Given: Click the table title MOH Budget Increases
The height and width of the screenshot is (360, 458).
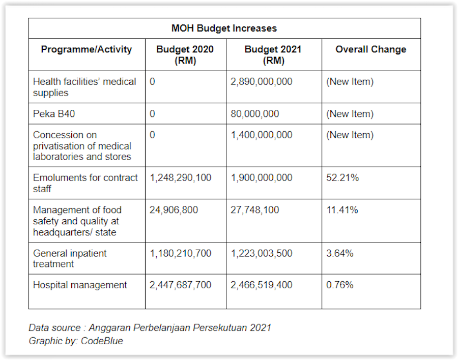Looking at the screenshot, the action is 224,28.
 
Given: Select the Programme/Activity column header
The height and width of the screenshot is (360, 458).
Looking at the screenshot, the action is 87,49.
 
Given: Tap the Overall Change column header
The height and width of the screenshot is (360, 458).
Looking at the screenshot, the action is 370,49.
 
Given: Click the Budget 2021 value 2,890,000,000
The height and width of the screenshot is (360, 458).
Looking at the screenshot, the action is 262,82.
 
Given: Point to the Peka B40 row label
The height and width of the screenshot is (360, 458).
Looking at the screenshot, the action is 54,113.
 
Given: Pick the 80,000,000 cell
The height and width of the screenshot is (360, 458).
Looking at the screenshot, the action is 255,114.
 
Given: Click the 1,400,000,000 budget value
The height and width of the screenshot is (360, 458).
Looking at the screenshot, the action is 262,135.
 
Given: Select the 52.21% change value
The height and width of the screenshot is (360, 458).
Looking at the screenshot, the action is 342,177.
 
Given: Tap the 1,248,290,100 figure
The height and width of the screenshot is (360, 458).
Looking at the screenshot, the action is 181,177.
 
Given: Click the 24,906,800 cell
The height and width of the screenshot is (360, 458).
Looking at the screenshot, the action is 174,210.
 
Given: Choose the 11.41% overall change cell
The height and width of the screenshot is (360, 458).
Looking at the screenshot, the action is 342,210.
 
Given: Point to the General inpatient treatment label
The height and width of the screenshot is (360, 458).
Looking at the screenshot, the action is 70,258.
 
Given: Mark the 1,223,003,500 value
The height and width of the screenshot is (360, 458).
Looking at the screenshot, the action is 262,253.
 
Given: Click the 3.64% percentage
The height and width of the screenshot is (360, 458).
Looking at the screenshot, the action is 340,253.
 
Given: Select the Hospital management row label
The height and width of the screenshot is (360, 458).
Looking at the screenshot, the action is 80,285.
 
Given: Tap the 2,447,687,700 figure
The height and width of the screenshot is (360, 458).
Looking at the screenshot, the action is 181,285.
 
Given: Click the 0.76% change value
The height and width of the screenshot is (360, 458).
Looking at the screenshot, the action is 340,285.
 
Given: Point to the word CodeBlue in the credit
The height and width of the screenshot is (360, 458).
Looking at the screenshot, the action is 102,341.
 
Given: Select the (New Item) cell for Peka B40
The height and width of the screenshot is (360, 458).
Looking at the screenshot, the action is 350,114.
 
